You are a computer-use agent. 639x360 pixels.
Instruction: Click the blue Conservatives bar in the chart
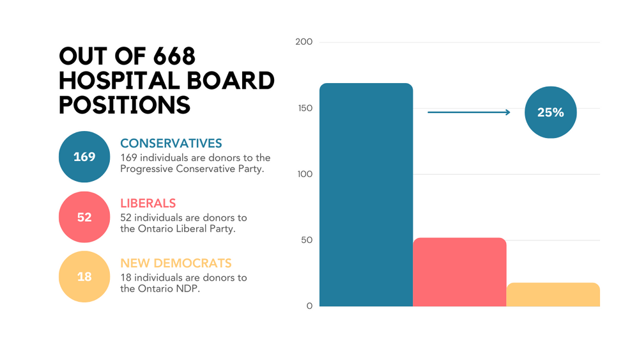pos(366,194)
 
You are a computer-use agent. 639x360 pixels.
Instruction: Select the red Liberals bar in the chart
pos(459,272)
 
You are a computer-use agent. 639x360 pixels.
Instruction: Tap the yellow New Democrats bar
pos(553,294)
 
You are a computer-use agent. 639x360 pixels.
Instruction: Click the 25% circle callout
pos(550,113)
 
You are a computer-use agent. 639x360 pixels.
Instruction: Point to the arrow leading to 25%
pos(468,113)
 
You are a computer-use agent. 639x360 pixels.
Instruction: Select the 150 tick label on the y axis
pos(305,108)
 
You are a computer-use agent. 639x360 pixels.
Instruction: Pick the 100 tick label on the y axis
pos(305,174)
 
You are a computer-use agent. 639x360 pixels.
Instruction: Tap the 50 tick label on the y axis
pos(307,240)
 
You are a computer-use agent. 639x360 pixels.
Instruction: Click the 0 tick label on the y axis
pos(309,306)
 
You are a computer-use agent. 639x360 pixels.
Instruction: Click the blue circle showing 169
pos(84,157)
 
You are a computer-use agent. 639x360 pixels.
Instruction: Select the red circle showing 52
pos(84,217)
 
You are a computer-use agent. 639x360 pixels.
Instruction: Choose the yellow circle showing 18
pos(84,277)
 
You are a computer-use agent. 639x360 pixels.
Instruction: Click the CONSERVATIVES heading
pos(171,143)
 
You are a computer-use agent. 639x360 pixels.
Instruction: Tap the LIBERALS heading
pos(148,203)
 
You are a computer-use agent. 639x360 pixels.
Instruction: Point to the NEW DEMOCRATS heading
pos(176,263)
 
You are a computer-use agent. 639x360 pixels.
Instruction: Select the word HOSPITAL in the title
pos(121,81)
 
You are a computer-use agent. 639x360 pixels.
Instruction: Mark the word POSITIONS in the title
pos(125,104)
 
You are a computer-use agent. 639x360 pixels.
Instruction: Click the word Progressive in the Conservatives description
pos(148,169)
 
